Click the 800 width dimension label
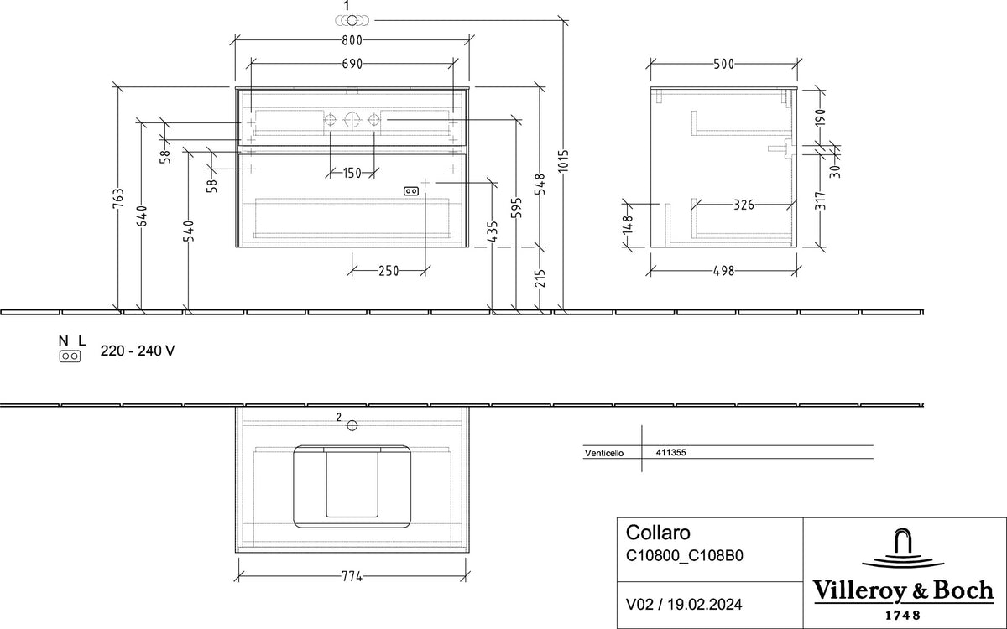(x=352, y=40)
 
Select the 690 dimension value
(x=352, y=64)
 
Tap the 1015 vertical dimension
(x=564, y=160)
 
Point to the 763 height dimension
(x=117, y=199)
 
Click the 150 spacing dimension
(x=352, y=173)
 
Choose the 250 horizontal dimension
(x=389, y=271)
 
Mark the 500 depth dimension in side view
(x=723, y=65)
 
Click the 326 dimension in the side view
(x=744, y=205)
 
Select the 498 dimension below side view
(x=723, y=271)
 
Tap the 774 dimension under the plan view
(x=352, y=576)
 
